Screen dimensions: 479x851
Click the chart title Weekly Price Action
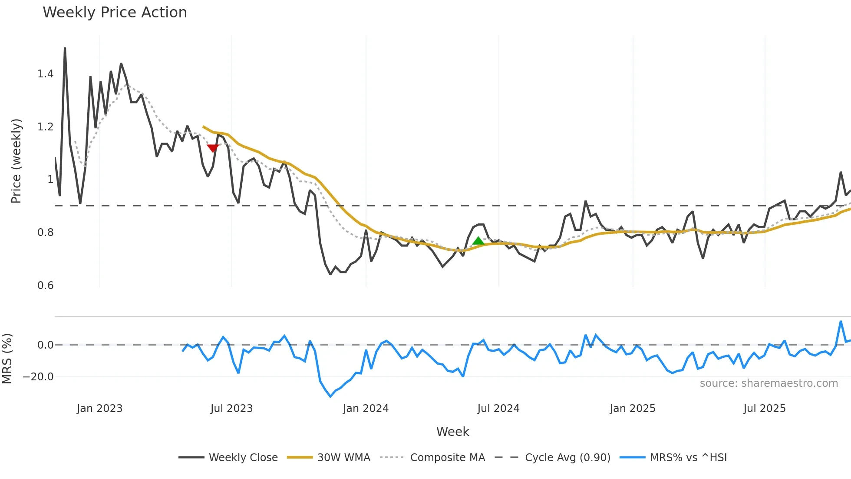click(115, 13)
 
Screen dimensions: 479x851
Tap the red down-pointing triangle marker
click(213, 148)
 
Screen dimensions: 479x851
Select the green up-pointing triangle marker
click(478, 241)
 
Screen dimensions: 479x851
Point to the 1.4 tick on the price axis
click(45, 74)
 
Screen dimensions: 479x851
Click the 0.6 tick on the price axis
click(45, 286)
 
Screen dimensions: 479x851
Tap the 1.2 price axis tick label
click(45, 127)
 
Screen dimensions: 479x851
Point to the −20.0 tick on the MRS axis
click(38, 377)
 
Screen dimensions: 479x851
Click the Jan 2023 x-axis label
click(99, 409)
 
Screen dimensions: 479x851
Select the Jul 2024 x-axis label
click(498, 409)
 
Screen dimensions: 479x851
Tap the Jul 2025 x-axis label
click(764, 409)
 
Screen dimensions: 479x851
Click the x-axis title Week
click(452, 432)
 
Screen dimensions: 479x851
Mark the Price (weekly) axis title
click(16, 161)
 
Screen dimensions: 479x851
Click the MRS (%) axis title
click(7, 359)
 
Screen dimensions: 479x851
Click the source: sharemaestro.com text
click(769, 383)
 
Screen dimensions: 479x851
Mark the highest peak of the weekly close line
click(65, 48)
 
